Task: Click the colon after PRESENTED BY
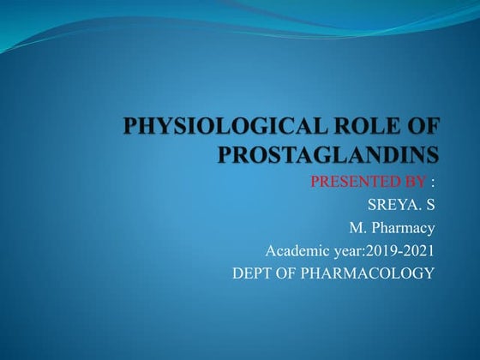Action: (433, 182)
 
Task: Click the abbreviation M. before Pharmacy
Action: (357, 228)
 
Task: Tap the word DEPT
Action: (253, 274)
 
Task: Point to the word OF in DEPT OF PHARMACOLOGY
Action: (288, 274)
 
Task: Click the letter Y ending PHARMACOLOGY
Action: (429, 274)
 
